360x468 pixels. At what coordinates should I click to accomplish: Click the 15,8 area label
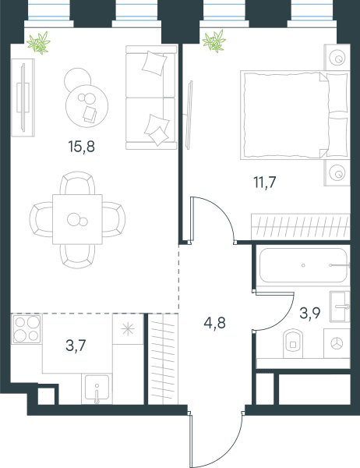pos(81,147)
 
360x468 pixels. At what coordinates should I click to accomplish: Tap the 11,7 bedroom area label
pos(265,182)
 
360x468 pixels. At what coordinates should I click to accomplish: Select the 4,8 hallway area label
pos(215,323)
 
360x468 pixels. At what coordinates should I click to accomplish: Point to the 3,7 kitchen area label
pos(76,346)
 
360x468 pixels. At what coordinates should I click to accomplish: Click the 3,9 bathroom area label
pos(310,313)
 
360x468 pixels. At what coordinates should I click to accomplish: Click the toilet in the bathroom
pos(293,343)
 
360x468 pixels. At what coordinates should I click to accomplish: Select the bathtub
pos(303,265)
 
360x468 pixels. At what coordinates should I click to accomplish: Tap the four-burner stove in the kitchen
pos(26,328)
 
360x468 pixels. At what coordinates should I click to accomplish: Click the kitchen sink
pos(97,388)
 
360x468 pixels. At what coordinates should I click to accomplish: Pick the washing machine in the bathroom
pos(337,343)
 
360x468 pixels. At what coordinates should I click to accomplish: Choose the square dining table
pos(78,219)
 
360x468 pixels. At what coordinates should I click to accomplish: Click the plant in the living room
pos(39,43)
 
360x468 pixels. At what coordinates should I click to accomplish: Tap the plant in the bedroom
pos(214,41)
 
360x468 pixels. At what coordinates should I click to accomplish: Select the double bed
pos(295,115)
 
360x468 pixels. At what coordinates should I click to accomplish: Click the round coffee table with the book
pos(86,106)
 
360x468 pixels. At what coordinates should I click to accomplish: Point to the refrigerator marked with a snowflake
pos(128,329)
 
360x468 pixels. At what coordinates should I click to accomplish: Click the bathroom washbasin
pos(340,307)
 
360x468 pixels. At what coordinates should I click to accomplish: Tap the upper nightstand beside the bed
pos(337,58)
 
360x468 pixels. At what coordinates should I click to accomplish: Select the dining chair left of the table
pos(41,219)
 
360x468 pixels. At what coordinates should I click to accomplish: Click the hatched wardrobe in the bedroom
pos(300,226)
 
